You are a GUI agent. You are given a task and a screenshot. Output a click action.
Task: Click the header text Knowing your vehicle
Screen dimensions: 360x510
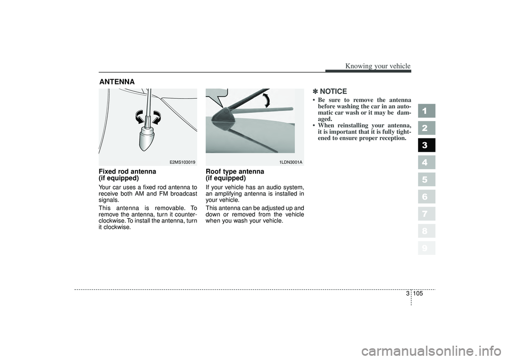click(378, 66)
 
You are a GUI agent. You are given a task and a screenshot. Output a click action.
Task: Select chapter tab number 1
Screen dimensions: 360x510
click(426, 110)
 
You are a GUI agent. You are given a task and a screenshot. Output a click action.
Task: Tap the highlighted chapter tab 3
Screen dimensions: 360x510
click(426, 145)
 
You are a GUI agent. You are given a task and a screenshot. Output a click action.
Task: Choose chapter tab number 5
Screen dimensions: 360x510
click(426, 179)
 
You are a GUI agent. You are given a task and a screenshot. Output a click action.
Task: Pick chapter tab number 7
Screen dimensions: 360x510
click(426, 213)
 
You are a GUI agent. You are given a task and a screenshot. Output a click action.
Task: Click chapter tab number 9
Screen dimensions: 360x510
click(426, 248)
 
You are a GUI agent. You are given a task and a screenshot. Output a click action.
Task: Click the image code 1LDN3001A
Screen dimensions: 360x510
click(291, 161)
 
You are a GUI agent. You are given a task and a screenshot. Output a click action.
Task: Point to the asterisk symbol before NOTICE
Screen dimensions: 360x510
click(316, 91)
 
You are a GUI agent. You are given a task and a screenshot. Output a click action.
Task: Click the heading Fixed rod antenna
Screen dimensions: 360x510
click(127, 172)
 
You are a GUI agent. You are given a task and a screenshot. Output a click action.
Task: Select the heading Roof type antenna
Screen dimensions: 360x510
click(234, 172)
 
